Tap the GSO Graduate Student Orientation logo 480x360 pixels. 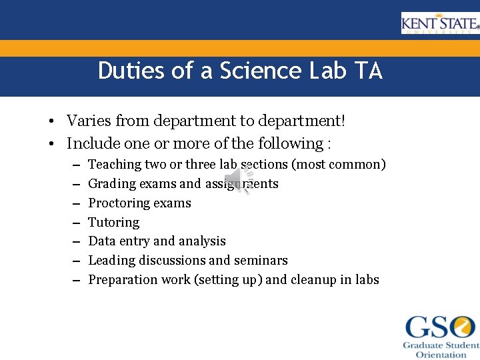[441, 336]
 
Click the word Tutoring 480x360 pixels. [114, 222]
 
